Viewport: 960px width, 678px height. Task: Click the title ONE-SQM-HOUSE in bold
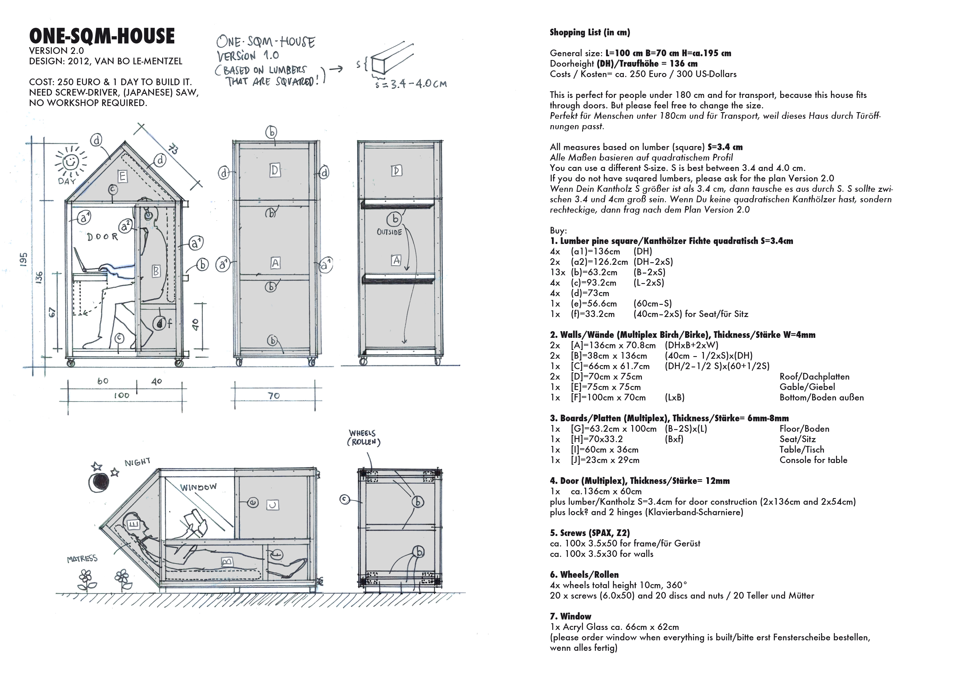(102, 36)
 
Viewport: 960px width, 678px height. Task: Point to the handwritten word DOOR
(102, 237)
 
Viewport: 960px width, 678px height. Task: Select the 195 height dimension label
(24, 259)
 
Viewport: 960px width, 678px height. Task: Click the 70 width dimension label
(274, 395)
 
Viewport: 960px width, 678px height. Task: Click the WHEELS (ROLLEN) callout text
(363, 438)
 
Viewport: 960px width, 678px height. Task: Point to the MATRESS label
(82, 559)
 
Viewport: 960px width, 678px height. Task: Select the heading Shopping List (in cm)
(590, 32)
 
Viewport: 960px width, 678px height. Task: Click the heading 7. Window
(570, 616)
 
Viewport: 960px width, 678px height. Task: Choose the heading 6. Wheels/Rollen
(584, 574)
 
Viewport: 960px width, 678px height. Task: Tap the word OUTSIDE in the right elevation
(389, 232)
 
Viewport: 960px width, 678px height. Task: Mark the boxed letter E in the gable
(122, 176)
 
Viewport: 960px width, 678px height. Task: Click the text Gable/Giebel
(807, 387)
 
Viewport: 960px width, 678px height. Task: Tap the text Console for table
(813, 460)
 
